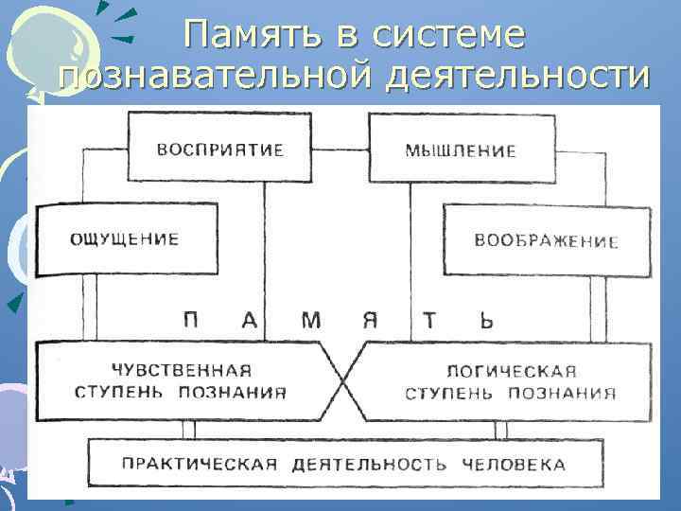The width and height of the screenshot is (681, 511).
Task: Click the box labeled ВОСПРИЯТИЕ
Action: coord(219,150)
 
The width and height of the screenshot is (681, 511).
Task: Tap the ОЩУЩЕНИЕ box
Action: coord(124,239)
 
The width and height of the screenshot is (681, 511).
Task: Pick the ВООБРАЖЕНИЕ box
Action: coord(546,240)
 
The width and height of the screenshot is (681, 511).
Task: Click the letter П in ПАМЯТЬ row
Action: coord(191,320)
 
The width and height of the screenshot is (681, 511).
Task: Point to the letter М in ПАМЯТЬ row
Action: coord(310,320)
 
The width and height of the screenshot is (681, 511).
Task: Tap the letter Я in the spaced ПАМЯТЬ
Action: coord(371,320)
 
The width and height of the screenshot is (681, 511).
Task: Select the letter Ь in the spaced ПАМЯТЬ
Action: coord(485,320)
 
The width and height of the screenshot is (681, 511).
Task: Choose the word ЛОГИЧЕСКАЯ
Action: coord(513,371)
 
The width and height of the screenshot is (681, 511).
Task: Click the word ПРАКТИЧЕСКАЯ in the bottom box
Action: coord(200,464)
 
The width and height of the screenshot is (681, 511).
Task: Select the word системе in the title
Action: coord(448,36)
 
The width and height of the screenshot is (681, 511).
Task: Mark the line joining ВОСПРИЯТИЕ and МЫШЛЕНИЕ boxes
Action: coord(340,148)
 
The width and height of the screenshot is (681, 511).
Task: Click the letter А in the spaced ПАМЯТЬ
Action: coord(250,320)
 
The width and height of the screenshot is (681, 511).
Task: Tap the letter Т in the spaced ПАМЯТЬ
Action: coord(429,320)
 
